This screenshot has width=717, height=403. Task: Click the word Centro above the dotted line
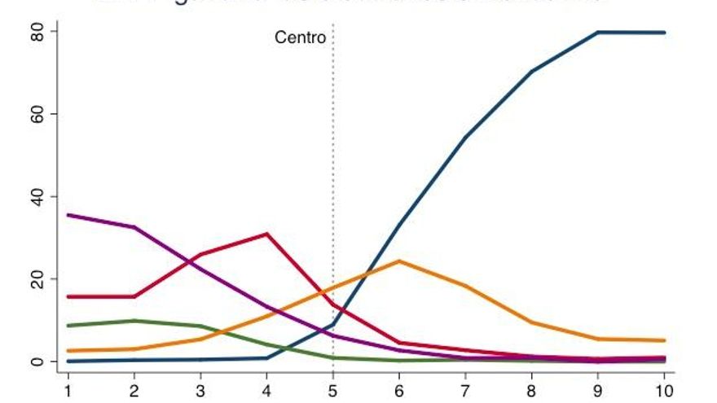pyautogui.click(x=300, y=37)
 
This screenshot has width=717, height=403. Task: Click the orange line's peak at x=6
pyautogui.click(x=399, y=261)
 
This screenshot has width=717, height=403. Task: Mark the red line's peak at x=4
pyautogui.click(x=267, y=234)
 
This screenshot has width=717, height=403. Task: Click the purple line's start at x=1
pyautogui.click(x=68, y=215)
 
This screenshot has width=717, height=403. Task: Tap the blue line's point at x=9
pyautogui.click(x=598, y=33)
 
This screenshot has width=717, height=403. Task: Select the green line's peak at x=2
pyautogui.click(x=134, y=321)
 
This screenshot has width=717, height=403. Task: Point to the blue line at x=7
pyautogui.click(x=465, y=137)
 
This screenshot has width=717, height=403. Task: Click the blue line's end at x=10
pyautogui.click(x=664, y=33)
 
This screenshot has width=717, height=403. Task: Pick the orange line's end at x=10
pyautogui.click(x=664, y=340)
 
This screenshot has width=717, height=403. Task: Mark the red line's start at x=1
pyautogui.click(x=68, y=296)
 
